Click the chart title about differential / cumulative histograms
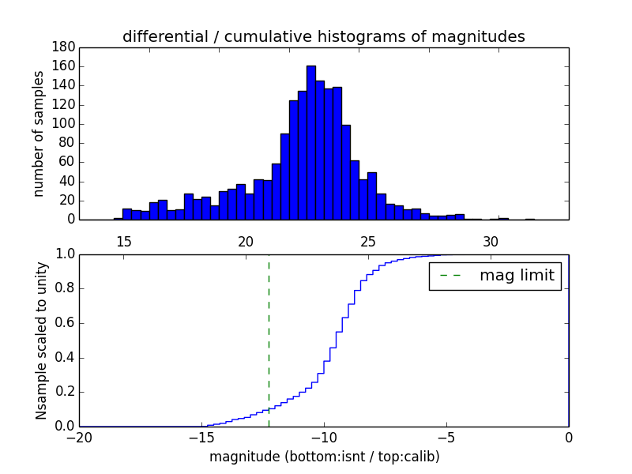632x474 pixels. [323, 36]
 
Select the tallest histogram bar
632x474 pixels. [311, 142]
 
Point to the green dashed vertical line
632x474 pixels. [269, 340]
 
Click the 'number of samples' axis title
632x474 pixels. [39, 133]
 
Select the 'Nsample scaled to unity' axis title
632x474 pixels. [41, 340]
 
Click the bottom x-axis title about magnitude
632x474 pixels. [324, 457]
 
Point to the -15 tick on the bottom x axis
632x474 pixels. [201, 438]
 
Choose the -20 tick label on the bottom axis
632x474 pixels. [78, 438]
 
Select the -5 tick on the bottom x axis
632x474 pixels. [446, 438]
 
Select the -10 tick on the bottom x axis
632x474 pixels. [323, 438]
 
